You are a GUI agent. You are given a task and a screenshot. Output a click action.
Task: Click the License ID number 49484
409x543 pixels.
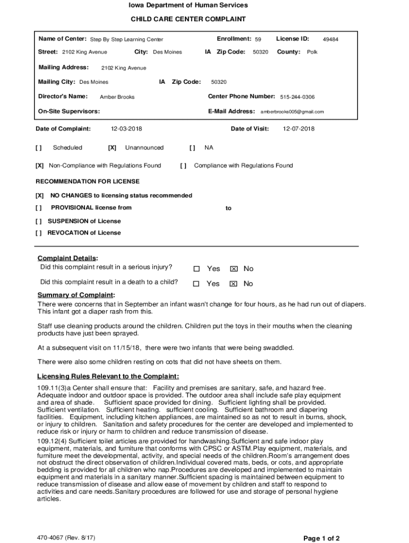330,39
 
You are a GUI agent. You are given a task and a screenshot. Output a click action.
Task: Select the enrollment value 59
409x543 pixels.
258,39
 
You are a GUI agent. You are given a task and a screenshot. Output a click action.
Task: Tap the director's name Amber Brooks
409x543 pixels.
117,97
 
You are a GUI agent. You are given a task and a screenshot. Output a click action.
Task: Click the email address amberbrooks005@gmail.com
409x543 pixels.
292,112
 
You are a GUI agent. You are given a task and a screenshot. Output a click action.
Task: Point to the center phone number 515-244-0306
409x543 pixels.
297,97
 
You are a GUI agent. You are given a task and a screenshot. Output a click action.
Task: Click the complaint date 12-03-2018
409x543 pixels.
126,129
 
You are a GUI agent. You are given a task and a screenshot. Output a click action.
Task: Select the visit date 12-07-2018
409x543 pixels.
299,129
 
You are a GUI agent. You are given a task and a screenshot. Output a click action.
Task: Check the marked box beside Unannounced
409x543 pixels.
112,148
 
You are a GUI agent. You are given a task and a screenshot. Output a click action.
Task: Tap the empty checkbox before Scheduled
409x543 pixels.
39,148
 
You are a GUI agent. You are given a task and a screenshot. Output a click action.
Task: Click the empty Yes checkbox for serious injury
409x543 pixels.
197,269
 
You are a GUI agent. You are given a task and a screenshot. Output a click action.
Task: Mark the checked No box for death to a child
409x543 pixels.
233,284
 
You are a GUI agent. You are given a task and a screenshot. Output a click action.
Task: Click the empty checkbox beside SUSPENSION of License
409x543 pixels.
39,221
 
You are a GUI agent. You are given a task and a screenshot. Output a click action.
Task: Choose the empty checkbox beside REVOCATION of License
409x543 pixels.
39,233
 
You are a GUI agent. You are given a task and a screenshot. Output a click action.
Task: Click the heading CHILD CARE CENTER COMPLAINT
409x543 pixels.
189,19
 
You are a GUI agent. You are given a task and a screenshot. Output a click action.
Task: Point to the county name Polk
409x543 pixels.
312,52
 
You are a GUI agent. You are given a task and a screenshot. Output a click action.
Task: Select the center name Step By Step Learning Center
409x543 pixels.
126,39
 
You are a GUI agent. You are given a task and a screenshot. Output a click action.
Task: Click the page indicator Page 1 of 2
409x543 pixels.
321,538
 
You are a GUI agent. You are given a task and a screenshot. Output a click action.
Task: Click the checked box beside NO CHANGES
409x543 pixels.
39,196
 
